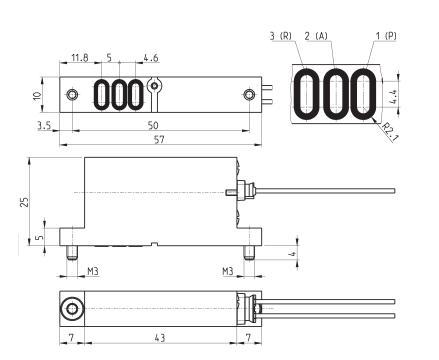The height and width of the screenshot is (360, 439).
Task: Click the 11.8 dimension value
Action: [80, 58]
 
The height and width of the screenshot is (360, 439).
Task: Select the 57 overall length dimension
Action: [159, 139]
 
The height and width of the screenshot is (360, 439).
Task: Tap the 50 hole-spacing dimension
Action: [153, 125]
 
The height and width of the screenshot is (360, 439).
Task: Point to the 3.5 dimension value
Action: [44, 125]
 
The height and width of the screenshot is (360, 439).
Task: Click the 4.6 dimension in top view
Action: [151, 58]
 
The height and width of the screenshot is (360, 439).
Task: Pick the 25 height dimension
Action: [24, 202]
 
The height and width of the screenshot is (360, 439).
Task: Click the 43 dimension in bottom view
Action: [160, 338]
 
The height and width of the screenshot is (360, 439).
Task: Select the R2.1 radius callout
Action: [390, 132]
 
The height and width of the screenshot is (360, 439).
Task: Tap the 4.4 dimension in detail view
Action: [393, 97]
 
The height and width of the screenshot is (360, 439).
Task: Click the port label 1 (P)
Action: [386, 36]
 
